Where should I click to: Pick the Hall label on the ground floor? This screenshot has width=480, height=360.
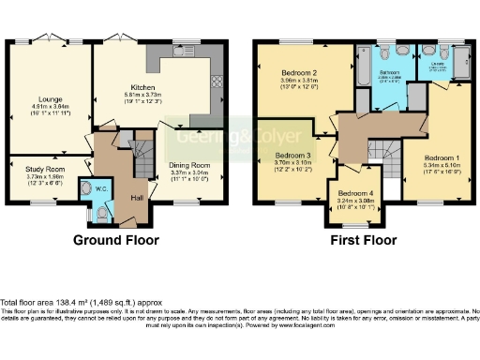point(137,198)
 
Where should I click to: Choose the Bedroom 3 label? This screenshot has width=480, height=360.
point(293,155)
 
